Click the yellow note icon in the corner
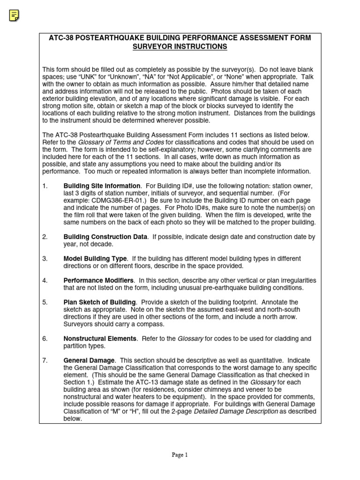pos(15,15)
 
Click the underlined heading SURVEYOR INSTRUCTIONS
pos(180,47)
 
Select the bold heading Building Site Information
pos(102,186)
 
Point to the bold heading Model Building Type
pos(95,259)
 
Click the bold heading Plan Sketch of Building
pos(99,302)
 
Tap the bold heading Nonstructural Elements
pos(100,338)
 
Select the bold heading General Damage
pos(89,360)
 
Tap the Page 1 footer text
pos(180,455)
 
